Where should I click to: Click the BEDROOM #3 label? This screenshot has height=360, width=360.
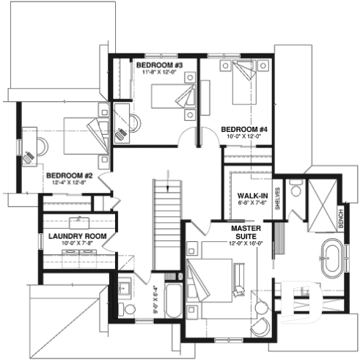tap(158, 65)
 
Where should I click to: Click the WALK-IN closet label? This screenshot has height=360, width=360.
tap(251, 196)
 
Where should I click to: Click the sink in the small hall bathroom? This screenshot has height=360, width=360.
tap(122, 287)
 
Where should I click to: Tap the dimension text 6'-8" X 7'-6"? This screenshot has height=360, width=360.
tap(251, 205)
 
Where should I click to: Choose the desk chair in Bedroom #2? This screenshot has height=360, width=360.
tap(29, 156)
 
